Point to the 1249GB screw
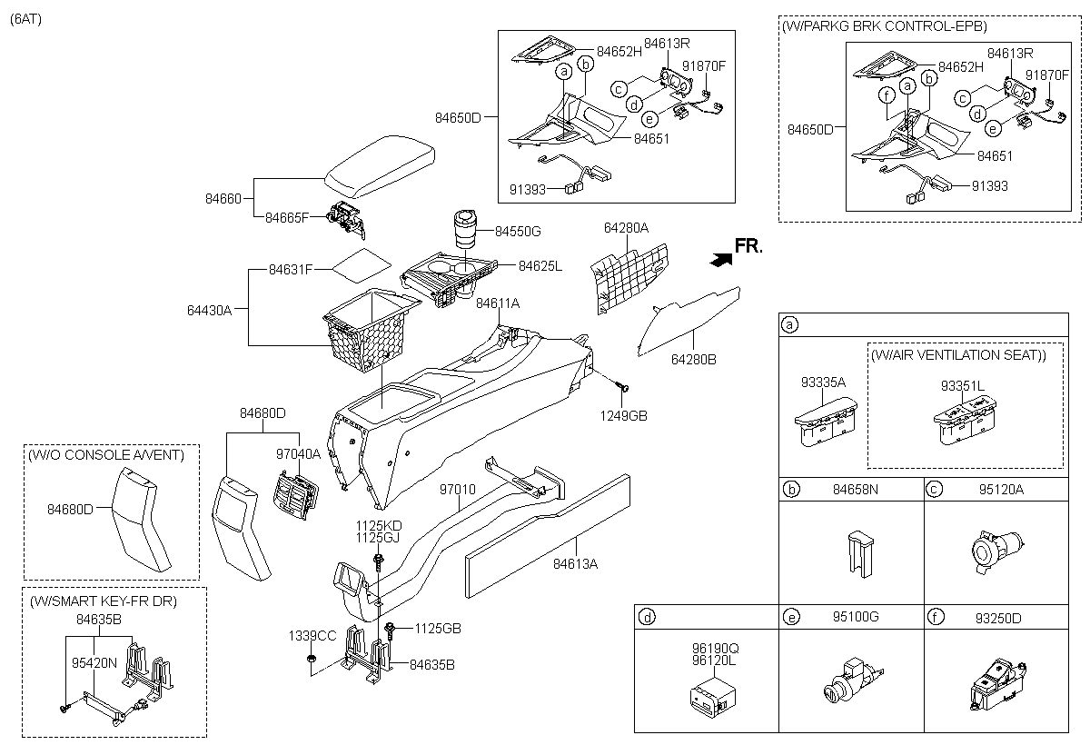point(621,389)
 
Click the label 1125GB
point(438,628)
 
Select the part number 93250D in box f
point(997,618)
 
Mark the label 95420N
point(94,662)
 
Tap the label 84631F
point(291,269)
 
